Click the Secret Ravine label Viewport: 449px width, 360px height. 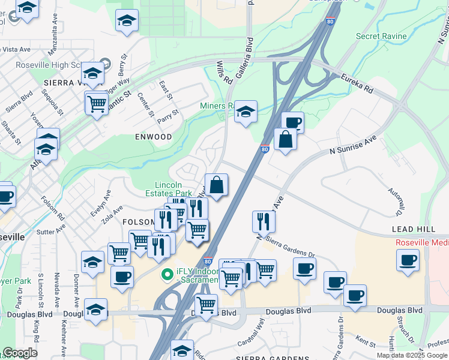tap(381, 37)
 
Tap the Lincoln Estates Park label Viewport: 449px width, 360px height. tap(173, 189)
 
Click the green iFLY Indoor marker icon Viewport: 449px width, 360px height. tap(167, 275)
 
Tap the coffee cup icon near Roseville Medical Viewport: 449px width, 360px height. tap(408, 260)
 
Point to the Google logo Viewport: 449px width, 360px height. tap(20, 353)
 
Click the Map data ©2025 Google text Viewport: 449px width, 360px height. tap(411, 355)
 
